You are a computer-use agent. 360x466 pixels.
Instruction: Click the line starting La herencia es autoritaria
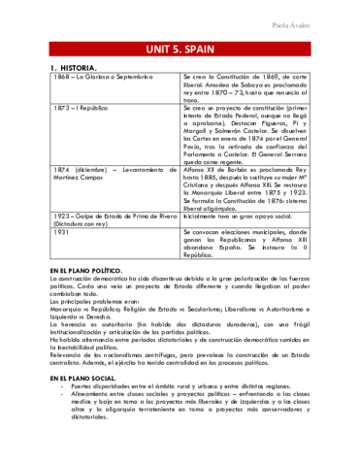click(180, 345)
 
